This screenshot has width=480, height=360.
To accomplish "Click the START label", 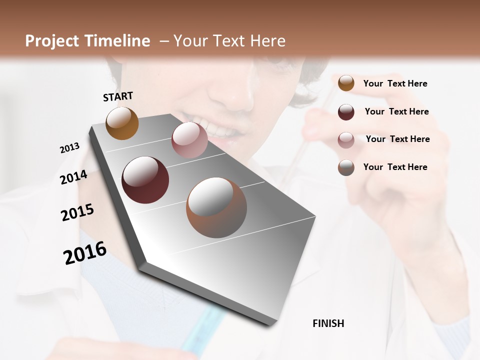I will [118, 96].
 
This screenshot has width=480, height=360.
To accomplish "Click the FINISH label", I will [328, 323].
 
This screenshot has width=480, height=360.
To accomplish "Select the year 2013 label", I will [69, 148].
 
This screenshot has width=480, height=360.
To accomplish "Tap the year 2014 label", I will [73, 177].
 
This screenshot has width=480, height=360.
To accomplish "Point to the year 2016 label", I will [85, 253].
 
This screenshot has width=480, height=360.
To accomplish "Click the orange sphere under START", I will [122, 123].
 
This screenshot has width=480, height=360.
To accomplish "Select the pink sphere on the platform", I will [189, 140].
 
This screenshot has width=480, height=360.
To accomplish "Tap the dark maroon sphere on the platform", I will [145, 180].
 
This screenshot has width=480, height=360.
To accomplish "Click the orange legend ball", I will [346, 83].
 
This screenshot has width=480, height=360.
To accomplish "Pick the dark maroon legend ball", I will [346, 112].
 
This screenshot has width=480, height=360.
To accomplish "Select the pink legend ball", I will [346, 140].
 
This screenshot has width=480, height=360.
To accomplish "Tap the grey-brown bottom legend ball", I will [346, 167].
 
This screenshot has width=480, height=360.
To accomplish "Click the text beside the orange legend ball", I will [395, 83].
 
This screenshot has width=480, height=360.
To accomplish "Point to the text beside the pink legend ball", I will [397, 139].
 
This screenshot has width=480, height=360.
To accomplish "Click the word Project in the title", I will [52, 41].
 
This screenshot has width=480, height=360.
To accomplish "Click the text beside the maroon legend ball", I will [396, 111].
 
